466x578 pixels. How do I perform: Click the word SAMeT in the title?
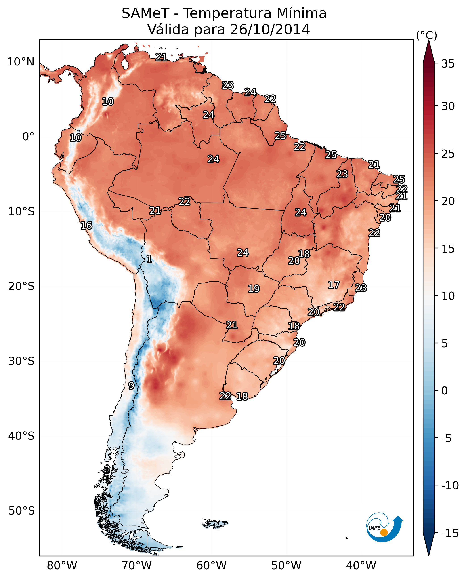[x=145, y=13]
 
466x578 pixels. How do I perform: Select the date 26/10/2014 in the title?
[x=270, y=30]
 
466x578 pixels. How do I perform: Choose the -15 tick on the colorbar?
[x=450, y=534]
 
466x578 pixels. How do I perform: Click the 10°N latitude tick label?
[x=21, y=62]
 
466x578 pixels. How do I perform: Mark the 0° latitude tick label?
[x=28, y=137]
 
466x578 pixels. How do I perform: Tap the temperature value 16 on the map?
[x=86, y=225]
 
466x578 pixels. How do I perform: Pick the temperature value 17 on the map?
[x=334, y=285]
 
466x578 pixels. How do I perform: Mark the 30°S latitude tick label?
[x=21, y=361]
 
